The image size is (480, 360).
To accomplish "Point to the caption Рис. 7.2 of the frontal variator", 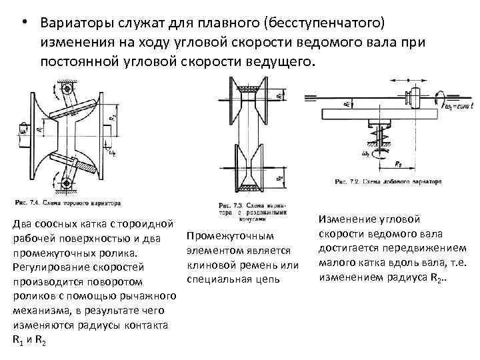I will tap(387, 181).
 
